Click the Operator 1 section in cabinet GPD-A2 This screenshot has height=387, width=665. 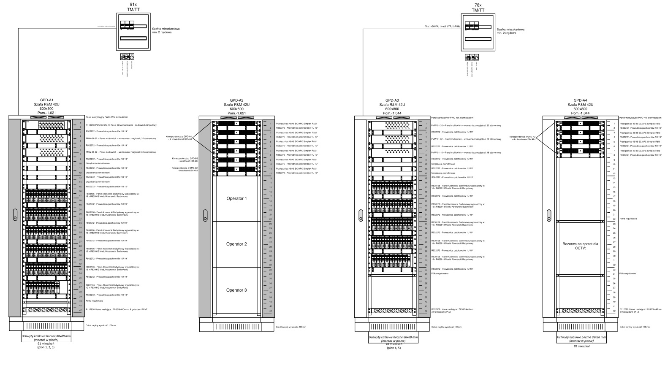pyautogui.click(x=236, y=198)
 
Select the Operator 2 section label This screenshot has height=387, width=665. pyautogui.click(x=236, y=244)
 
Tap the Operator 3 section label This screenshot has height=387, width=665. pyautogui.click(x=236, y=290)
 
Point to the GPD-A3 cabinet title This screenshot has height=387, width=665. pyautogui.click(x=392, y=100)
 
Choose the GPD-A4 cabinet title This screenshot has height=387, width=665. pyautogui.click(x=581, y=100)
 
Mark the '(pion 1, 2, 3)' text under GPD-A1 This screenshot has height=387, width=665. pyautogui.click(x=46, y=347)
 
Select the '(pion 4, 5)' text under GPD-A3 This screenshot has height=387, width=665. pyautogui.click(x=392, y=348)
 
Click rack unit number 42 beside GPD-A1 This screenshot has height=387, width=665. pyautogui.click(x=80, y=311)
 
